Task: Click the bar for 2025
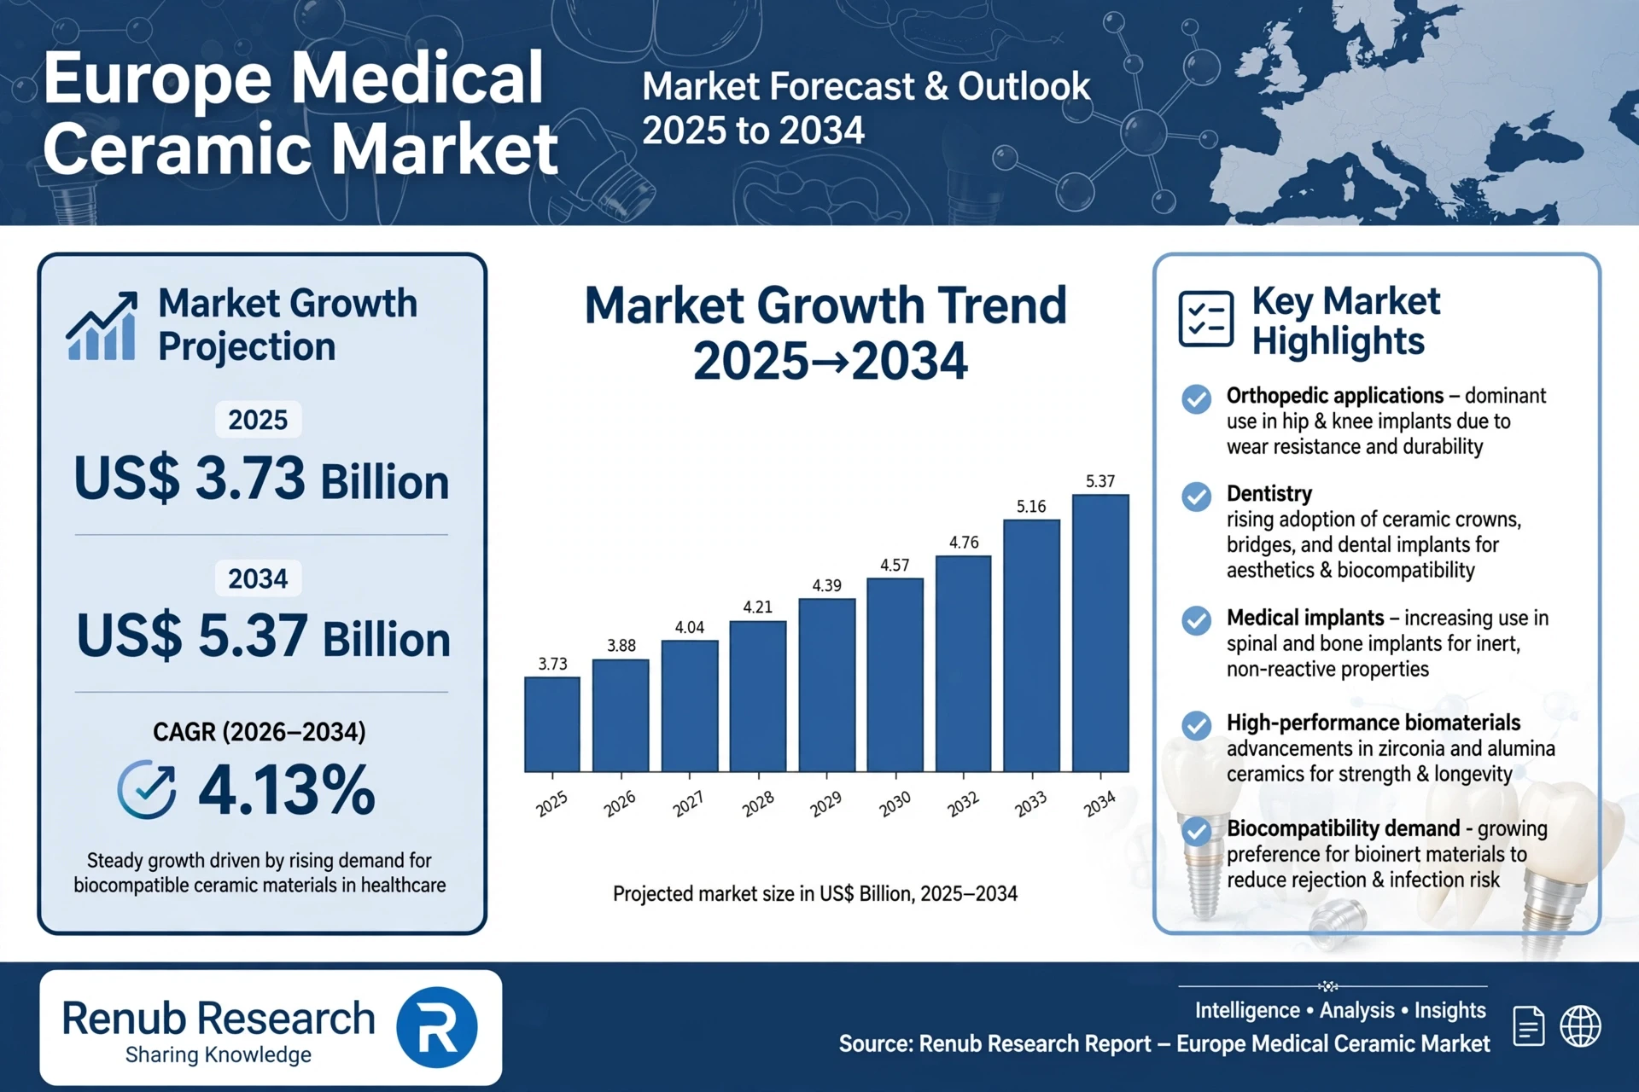tap(552, 724)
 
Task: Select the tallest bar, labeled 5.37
tap(1100, 633)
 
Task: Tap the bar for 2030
tap(895, 675)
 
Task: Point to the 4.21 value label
tap(757, 607)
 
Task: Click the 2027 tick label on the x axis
tap(688, 803)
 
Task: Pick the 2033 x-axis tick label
tap(1030, 803)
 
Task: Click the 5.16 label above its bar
tap(1031, 507)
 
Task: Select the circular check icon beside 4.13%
tap(147, 789)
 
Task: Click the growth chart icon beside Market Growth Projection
tap(102, 326)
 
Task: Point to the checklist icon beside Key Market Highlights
tap(1205, 319)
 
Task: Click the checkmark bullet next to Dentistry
tap(1196, 497)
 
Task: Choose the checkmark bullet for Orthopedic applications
tap(1196, 398)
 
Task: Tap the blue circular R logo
tap(436, 1027)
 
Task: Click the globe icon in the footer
tap(1580, 1025)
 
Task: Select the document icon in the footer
tap(1528, 1025)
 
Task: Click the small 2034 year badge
tap(258, 578)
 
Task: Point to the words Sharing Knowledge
tap(219, 1055)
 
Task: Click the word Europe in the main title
tap(163, 78)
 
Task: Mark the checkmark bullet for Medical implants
tap(1196, 620)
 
